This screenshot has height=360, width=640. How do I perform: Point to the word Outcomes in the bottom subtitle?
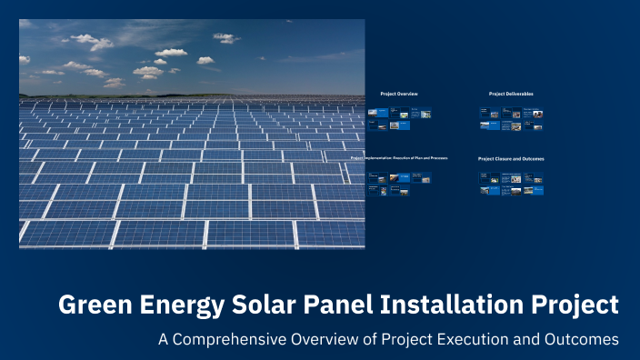point(582,339)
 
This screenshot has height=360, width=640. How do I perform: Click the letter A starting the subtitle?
point(164,339)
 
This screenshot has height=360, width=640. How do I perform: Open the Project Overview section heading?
point(399,94)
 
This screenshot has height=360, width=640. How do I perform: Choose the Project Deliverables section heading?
point(511,94)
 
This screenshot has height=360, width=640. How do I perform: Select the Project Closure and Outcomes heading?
point(511,158)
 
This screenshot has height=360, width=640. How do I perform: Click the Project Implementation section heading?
point(399,158)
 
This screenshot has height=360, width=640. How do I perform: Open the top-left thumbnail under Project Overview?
point(373,113)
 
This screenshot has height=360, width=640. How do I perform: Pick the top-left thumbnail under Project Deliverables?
point(485,113)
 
